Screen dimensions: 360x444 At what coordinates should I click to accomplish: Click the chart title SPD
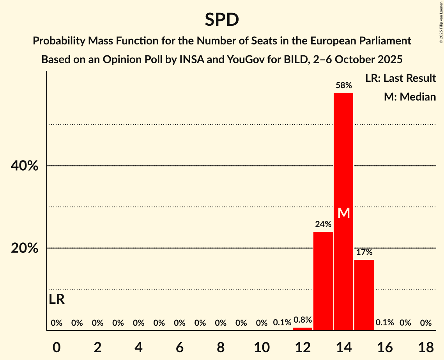[222, 19]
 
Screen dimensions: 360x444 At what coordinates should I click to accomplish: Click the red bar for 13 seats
[323, 281]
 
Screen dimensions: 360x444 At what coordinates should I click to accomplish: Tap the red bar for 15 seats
[364, 295]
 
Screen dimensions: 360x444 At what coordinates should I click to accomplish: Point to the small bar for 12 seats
[302, 329]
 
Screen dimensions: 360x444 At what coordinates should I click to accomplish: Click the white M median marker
[343, 213]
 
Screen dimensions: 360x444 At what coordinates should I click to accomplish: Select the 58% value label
[343, 85]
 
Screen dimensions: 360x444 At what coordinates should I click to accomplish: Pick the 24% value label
[323, 224]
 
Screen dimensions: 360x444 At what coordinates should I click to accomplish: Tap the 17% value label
[364, 252]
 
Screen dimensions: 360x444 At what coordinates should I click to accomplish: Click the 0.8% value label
[302, 320]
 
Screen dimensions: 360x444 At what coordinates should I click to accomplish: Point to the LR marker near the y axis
[57, 300]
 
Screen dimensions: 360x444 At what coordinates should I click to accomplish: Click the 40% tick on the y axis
[24, 166]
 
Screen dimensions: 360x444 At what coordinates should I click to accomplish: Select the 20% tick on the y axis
[24, 248]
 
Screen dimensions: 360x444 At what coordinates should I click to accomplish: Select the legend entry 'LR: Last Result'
[400, 78]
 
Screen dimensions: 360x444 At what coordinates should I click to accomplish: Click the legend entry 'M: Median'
[410, 97]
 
